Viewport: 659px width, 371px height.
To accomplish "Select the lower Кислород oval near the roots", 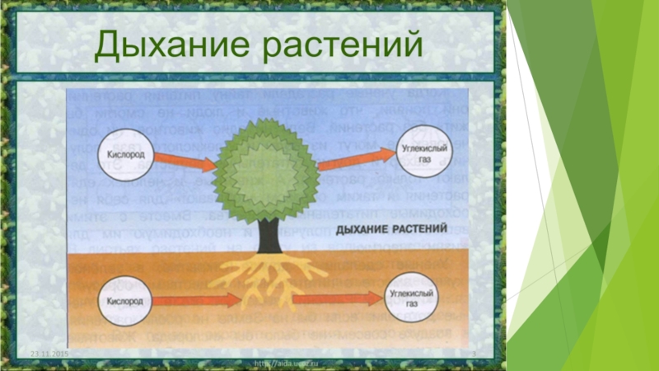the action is click(125, 301).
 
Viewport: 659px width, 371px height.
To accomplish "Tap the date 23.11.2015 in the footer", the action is click(50, 354).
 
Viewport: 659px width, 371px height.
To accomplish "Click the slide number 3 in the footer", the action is click(474, 354).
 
